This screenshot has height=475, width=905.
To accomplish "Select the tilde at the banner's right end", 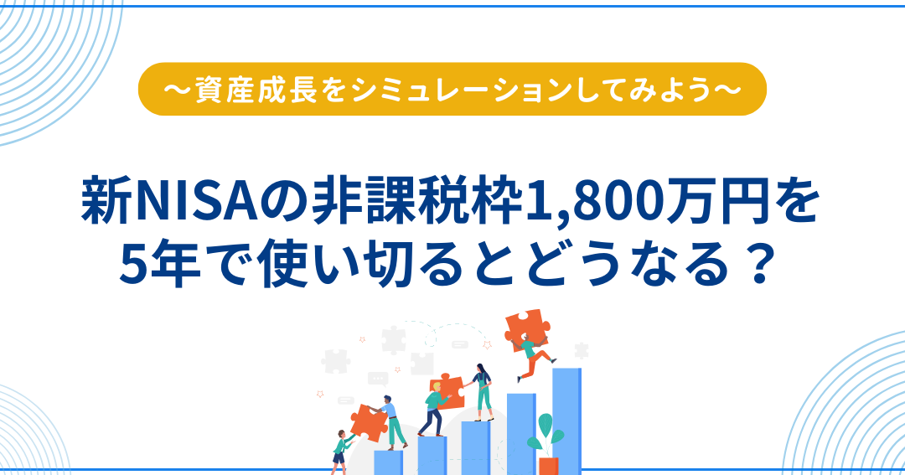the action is [728, 90].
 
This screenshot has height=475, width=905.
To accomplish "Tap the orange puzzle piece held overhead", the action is [526, 328].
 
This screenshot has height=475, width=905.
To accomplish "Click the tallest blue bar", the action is [566, 421].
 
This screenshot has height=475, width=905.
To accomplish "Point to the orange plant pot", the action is [548, 465].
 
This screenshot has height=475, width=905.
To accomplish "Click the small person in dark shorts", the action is [342, 451].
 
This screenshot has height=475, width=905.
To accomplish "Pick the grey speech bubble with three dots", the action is [378, 379].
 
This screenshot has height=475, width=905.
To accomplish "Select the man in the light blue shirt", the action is [392, 422].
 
